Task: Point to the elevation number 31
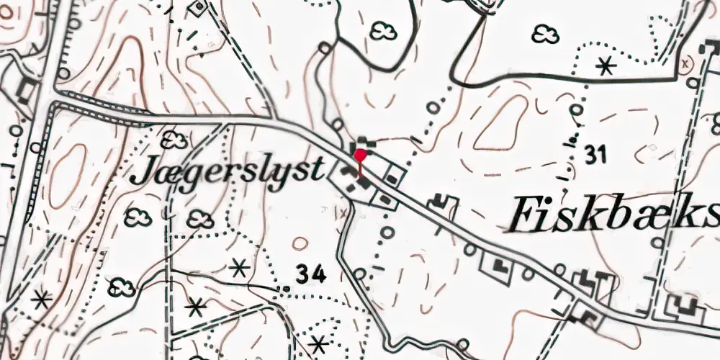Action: point(597,155)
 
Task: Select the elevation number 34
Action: point(310,274)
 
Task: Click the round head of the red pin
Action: point(360,153)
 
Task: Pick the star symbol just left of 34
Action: point(239,269)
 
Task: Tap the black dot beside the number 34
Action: point(287,289)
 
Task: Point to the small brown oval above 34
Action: point(300,243)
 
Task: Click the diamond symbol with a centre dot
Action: point(197,7)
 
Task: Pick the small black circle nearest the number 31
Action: point(576,110)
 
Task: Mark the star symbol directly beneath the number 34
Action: point(317,344)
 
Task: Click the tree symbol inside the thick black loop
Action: point(382,30)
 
